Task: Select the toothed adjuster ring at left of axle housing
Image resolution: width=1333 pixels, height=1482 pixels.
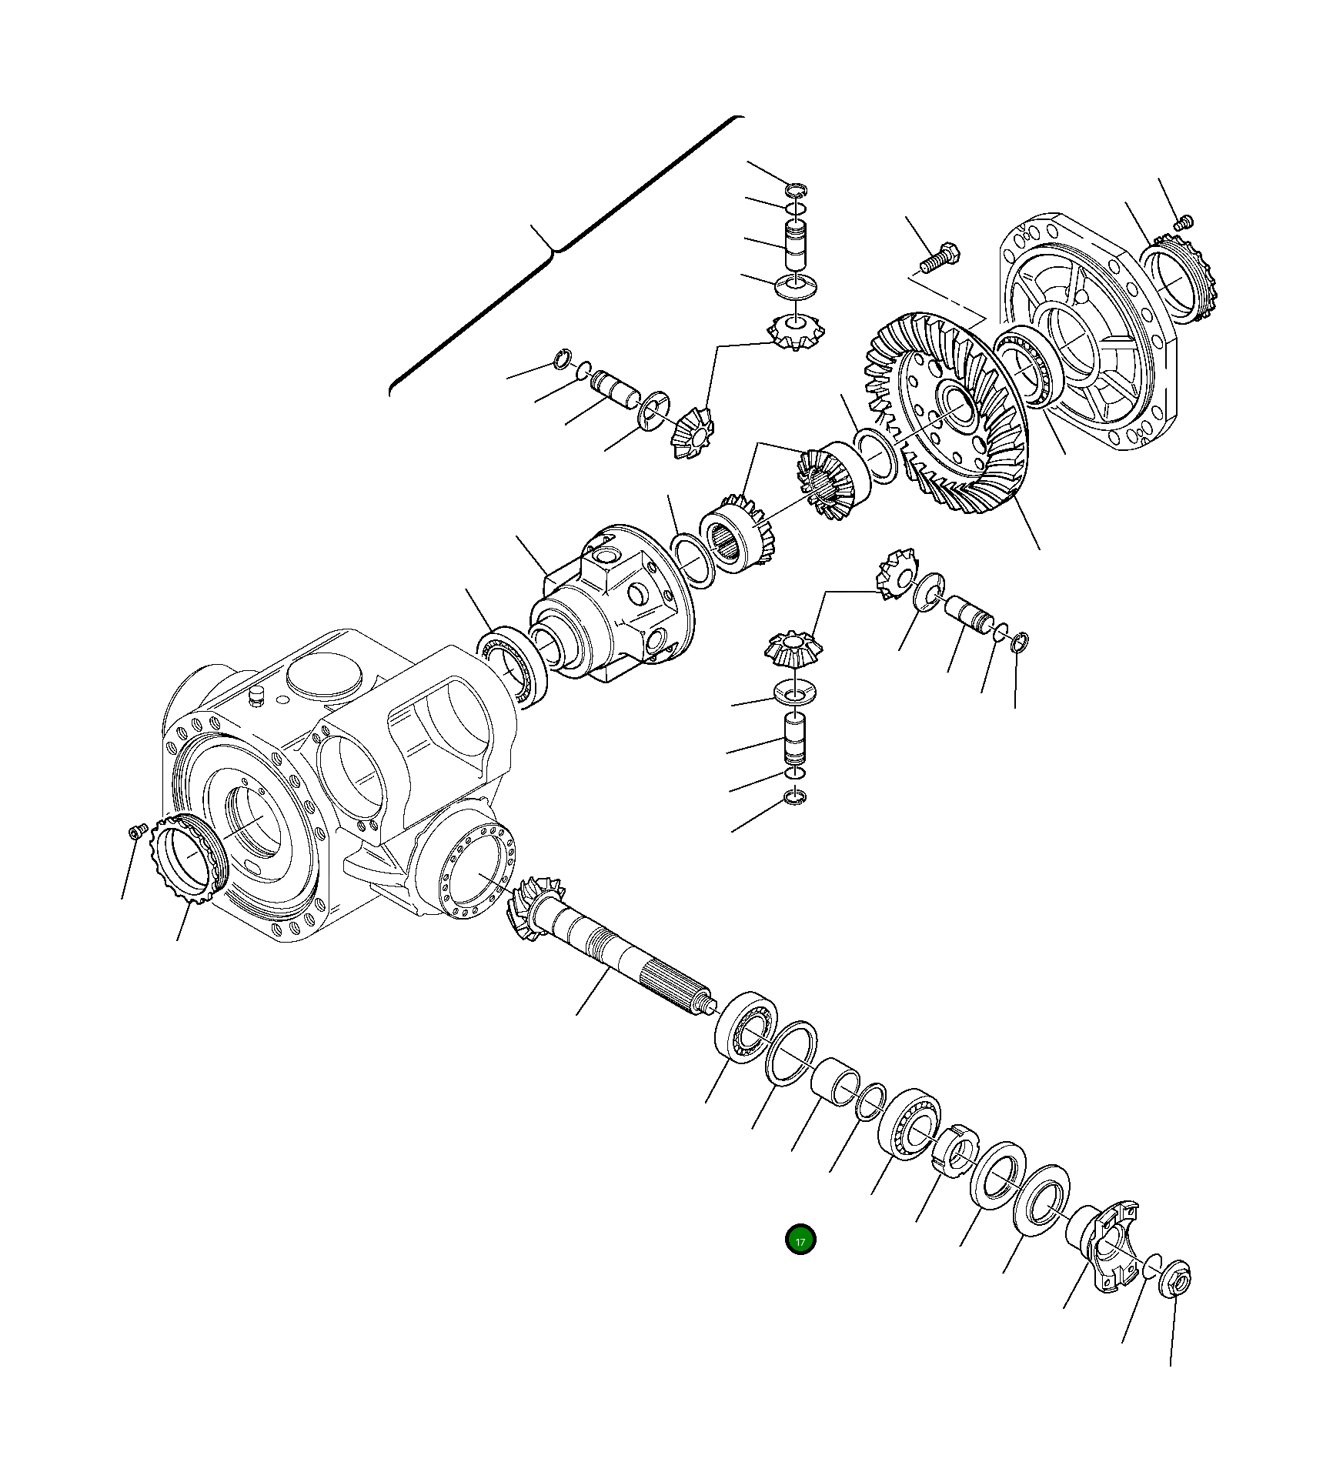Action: click(189, 858)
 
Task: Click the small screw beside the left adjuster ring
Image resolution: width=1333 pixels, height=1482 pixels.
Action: click(137, 831)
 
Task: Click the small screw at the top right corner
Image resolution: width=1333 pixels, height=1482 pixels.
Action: click(1184, 222)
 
